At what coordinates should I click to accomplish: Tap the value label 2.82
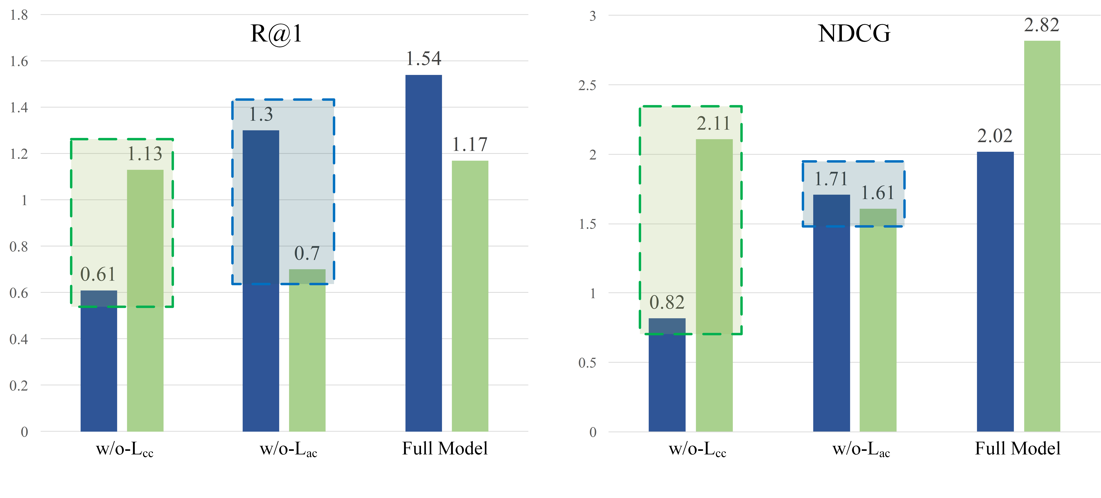[1042, 25]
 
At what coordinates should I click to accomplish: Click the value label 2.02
[995, 136]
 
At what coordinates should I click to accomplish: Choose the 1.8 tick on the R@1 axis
[19, 15]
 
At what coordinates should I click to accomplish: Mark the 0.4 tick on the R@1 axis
[19, 339]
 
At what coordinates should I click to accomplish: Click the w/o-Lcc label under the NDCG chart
[697, 449]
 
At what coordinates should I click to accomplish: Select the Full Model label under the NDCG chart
[1018, 448]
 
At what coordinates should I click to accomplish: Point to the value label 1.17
[470, 144]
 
